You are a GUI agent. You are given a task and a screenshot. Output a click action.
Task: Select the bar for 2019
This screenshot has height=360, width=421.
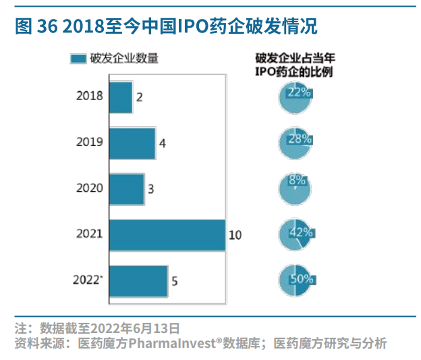pyautogui.click(x=132, y=143)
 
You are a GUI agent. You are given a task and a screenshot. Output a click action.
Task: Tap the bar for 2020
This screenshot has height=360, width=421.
pyautogui.click(x=126, y=188)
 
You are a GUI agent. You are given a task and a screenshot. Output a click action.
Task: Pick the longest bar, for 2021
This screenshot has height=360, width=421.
pyautogui.click(x=167, y=235)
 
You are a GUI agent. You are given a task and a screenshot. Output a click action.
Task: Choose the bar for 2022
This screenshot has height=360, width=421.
pyautogui.click(x=138, y=281)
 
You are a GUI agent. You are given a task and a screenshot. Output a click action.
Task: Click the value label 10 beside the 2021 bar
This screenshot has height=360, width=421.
pyautogui.click(x=235, y=236)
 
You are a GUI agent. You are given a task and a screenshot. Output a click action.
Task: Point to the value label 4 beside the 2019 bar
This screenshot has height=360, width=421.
pyautogui.click(x=162, y=144)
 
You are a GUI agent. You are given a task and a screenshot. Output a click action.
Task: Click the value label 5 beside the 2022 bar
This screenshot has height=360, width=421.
pyautogui.click(x=174, y=282)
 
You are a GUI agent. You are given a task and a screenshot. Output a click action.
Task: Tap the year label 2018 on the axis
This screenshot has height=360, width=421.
pyautogui.click(x=90, y=96)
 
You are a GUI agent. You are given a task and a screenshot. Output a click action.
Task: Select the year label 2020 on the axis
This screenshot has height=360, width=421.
pyautogui.click(x=90, y=188)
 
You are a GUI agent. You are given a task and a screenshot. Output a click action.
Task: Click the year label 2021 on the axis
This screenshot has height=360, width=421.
pyautogui.click(x=90, y=234)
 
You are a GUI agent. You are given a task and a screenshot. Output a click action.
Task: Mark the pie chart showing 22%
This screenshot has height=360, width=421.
pyautogui.click(x=295, y=97)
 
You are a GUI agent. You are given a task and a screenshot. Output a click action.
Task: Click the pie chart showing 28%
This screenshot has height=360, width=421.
pyautogui.click(x=295, y=142)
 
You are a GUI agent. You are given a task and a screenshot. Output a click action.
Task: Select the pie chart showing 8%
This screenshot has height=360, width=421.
pyautogui.click(x=295, y=187)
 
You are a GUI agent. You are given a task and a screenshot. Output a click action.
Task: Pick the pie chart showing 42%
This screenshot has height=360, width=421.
pyautogui.click(x=295, y=234)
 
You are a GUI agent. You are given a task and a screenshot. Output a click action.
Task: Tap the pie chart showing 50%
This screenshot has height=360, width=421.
pyautogui.click(x=295, y=280)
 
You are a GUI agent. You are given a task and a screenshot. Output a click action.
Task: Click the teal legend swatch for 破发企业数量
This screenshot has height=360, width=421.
pyautogui.click(x=78, y=59)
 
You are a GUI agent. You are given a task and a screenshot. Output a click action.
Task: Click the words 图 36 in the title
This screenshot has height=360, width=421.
pyautogui.click(x=31, y=26)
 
